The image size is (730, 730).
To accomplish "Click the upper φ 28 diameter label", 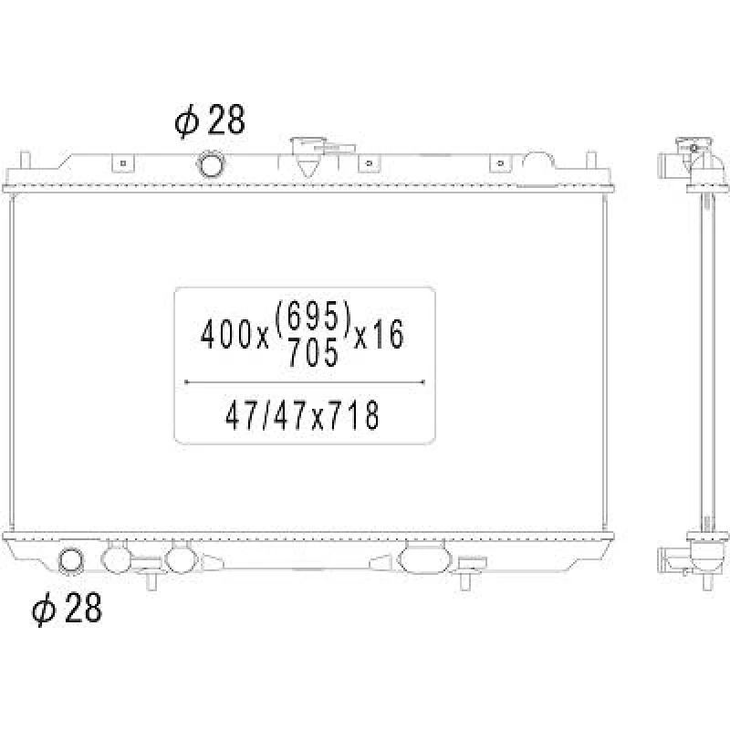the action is [210, 120].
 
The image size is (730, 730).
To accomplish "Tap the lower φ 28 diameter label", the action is [67, 608].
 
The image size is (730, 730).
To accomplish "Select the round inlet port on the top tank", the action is [211, 164].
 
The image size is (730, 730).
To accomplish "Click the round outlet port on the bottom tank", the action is [70, 560].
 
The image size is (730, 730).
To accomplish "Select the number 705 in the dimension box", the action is [313, 352].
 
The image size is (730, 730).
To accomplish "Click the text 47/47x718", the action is [302, 415].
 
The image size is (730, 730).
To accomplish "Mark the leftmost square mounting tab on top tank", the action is [123, 163].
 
